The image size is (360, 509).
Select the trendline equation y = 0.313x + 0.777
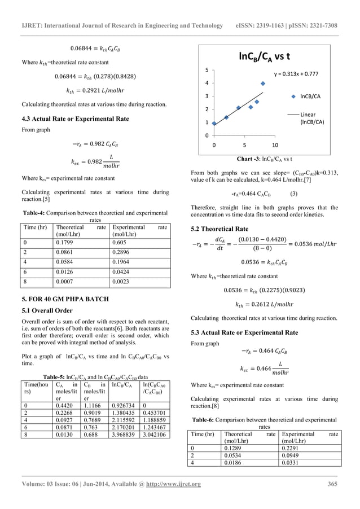tap(296, 74)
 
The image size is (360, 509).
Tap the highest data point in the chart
tap(263, 84)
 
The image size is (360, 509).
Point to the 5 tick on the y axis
tap(206, 70)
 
